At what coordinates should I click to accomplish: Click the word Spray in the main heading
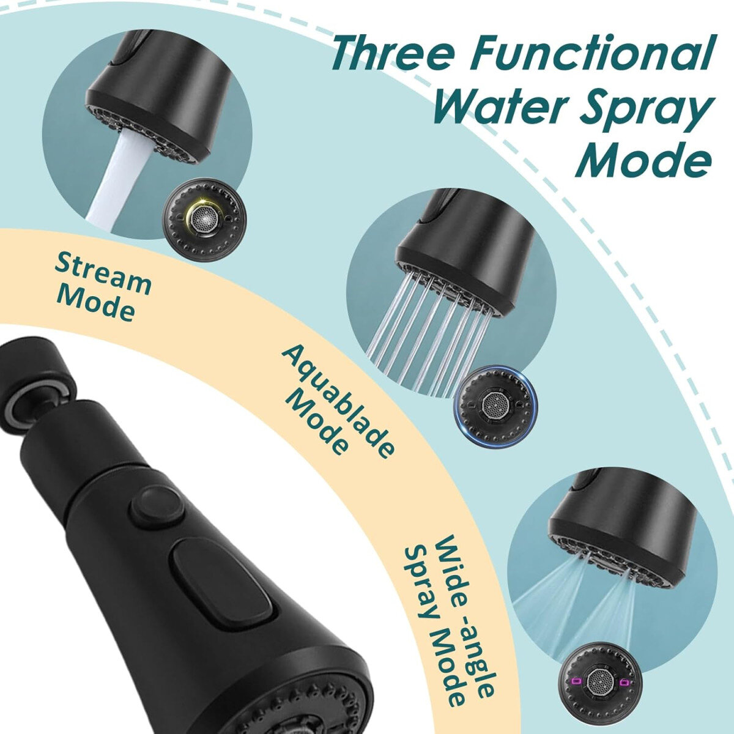click(648, 111)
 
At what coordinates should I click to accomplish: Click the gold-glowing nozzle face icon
click(204, 220)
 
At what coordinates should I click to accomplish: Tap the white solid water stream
click(114, 179)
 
